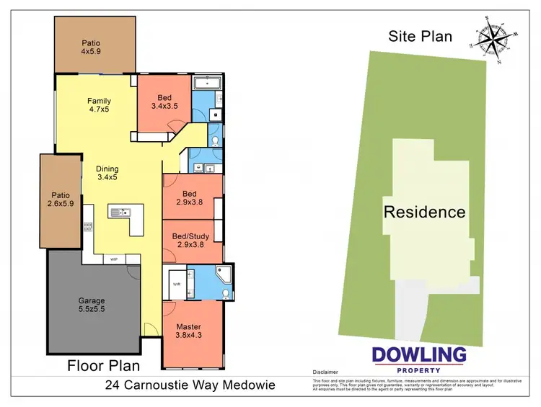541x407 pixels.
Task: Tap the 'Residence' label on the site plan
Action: (424, 212)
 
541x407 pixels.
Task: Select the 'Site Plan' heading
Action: (420, 36)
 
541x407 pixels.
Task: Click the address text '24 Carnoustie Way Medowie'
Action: (190, 385)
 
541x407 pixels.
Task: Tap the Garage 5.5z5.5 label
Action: (92, 305)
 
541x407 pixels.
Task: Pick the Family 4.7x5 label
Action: (98, 106)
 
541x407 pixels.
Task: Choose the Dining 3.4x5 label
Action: (107, 173)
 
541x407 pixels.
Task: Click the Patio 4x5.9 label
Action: (92, 48)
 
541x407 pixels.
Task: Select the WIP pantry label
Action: (113, 259)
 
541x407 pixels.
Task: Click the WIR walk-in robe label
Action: (176, 283)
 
